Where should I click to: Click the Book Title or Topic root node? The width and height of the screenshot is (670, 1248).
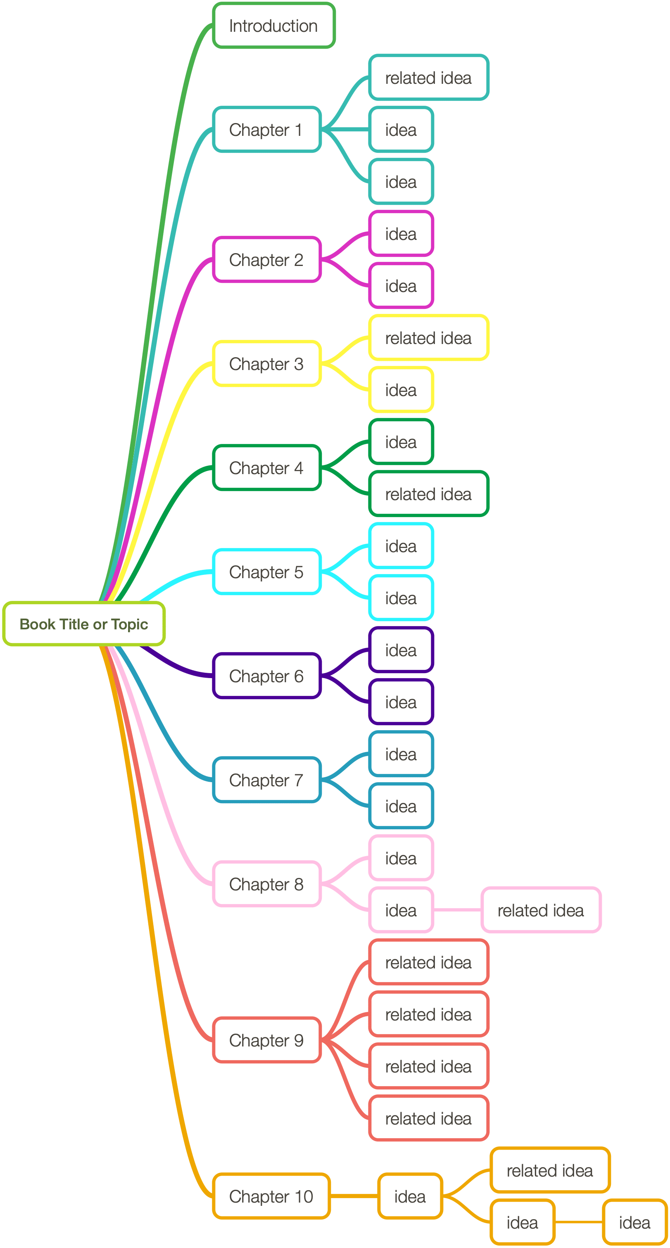[84, 624]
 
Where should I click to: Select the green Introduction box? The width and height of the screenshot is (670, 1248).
[274, 26]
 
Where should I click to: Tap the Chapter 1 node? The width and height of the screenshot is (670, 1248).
[266, 130]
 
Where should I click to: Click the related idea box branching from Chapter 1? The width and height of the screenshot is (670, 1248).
[429, 78]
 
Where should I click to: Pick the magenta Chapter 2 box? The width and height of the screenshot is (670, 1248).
[266, 260]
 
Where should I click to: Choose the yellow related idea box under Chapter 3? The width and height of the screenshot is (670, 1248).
[429, 338]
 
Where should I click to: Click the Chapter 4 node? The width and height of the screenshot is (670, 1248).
[266, 468]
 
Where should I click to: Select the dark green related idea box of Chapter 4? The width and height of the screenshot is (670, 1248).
[429, 494]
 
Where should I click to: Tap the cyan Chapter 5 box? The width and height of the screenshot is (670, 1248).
[266, 572]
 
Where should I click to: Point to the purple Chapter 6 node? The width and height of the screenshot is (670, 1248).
[266, 676]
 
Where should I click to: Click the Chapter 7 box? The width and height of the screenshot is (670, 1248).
[266, 781]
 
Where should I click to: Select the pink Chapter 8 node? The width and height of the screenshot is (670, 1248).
[266, 885]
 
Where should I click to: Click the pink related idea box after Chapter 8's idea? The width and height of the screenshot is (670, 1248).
[541, 911]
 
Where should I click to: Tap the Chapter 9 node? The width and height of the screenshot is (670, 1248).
[266, 1041]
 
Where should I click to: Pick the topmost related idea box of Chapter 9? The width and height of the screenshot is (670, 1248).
[429, 963]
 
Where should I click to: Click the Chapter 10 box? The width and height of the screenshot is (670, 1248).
[271, 1197]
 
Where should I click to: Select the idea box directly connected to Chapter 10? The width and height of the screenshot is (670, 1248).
[410, 1197]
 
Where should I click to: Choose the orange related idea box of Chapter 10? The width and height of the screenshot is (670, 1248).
[550, 1171]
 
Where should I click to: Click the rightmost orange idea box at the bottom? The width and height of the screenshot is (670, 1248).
[634, 1223]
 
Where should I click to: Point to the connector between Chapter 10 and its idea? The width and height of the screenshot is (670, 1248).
[354, 1197]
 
